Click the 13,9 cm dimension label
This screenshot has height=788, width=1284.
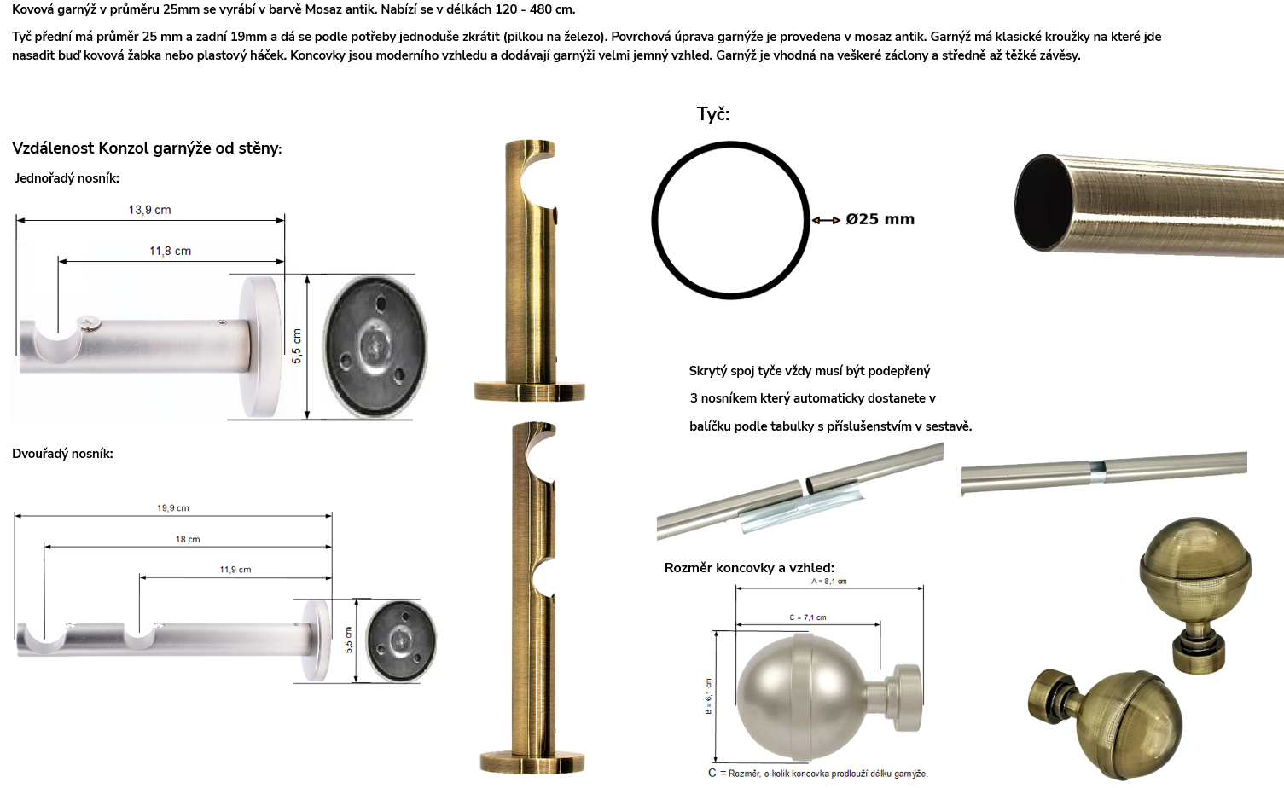(x=149, y=210)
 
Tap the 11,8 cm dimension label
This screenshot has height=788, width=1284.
(x=171, y=251)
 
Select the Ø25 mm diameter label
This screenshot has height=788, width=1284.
(x=880, y=219)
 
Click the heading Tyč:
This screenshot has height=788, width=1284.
(x=713, y=114)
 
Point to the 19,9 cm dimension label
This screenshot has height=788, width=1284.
(x=173, y=507)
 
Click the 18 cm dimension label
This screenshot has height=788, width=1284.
(x=188, y=539)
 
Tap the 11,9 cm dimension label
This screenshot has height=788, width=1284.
(x=235, y=570)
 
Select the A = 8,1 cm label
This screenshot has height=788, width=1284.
(x=829, y=581)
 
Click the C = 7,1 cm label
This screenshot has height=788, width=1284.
(x=808, y=617)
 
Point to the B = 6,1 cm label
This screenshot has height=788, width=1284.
(x=708, y=696)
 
